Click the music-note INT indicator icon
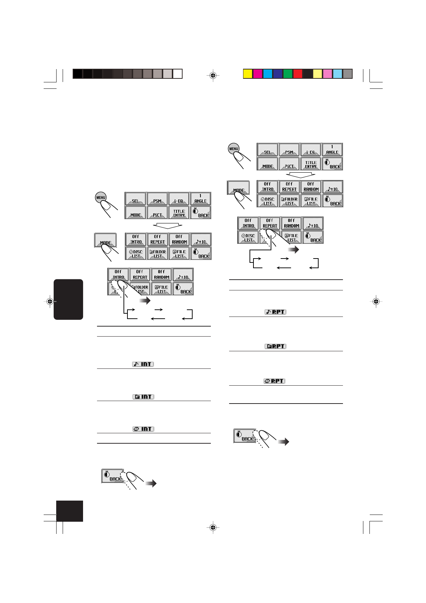143,364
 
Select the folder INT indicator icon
143,397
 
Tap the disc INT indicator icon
143,429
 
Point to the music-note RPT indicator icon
275,312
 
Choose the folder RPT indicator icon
275,346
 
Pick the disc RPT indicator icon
275,381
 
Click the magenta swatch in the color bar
257,74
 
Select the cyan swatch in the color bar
267,74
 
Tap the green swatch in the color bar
287,74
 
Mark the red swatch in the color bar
297,74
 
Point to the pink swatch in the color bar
328,74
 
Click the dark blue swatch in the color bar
277,74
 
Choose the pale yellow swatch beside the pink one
318,74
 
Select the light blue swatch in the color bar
338,74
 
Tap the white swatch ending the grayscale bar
178,74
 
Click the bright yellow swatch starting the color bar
247,74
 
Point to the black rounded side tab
68,299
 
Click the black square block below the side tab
70,511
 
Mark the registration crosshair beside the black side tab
50,301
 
